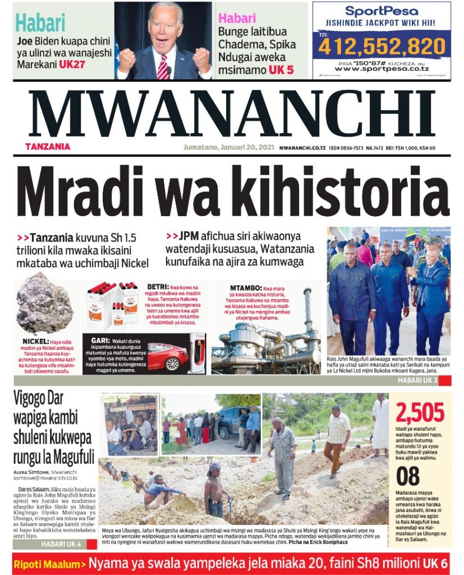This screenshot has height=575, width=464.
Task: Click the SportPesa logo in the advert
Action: point(381,11)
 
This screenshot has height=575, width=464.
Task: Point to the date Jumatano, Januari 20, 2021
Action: point(228,148)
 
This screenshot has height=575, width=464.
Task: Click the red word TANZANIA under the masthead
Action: point(47,147)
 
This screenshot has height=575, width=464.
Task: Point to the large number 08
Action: point(408,476)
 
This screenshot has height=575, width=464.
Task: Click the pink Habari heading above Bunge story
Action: point(237,17)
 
